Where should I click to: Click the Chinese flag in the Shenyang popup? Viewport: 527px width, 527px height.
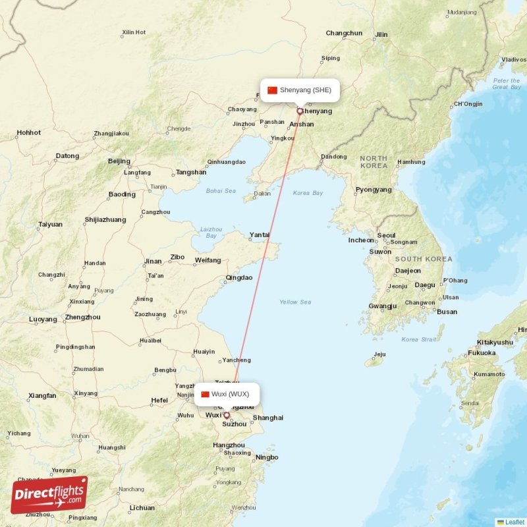[x=272, y=90]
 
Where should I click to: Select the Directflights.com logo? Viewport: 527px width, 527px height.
[x=49, y=495]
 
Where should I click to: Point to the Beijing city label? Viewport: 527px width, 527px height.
[x=119, y=161]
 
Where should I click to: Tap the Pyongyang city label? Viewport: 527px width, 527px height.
[x=374, y=190]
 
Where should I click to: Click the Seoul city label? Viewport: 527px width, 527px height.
[x=386, y=235]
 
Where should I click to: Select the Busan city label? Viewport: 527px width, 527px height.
[x=447, y=312]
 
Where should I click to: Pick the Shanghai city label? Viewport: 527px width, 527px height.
[x=268, y=418]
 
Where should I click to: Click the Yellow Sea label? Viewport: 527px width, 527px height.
[x=295, y=302]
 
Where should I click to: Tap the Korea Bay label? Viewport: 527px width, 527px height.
[x=308, y=193]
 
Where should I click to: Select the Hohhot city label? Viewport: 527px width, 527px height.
[x=29, y=132]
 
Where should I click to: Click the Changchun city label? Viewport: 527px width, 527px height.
[x=344, y=33]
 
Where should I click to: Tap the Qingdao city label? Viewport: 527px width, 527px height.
[x=238, y=277]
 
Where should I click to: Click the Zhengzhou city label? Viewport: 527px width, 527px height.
[x=83, y=317]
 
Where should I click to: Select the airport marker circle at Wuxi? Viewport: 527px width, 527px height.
[x=227, y=416]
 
